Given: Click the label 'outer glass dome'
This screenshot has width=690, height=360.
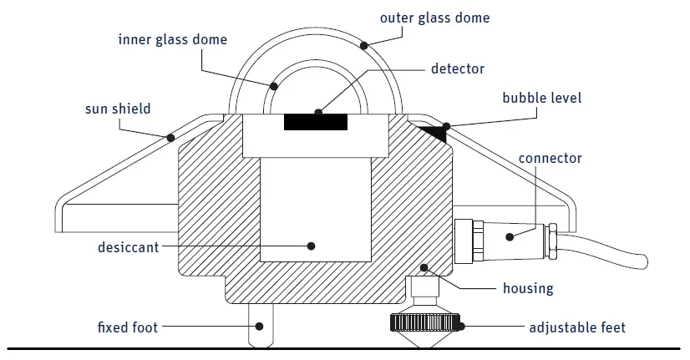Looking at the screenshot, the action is coord(434,18).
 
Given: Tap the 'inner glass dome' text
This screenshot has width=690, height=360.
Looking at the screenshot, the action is coord(172,39).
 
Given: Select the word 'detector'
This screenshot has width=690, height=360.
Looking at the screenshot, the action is coord(458,68).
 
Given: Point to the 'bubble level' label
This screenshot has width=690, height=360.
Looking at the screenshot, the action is coord(541,98).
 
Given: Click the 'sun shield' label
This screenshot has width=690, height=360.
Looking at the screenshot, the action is coord(118,109).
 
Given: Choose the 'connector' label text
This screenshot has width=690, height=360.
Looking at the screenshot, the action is coord(550,159).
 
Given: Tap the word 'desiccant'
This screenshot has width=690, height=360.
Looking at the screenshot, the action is coord(128,247).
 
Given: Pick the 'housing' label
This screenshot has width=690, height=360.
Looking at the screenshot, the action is coord(528,289).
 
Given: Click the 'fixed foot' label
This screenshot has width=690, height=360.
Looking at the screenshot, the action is coord(128,327).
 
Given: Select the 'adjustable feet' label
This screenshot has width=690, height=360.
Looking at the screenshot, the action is coord(577,328).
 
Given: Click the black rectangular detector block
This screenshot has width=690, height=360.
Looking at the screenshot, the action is coord(316,122).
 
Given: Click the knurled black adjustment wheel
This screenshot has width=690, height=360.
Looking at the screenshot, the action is coord(424,322).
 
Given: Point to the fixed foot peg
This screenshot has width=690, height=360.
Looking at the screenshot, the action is coord(261,325).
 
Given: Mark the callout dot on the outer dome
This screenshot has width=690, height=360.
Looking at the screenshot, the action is coord(364,45).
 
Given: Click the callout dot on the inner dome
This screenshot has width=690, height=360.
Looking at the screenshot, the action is coord(274,86).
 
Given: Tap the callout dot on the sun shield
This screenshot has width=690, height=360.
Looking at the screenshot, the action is coord(170,138).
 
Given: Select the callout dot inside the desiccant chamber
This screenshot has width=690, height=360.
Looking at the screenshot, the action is coord(311,246).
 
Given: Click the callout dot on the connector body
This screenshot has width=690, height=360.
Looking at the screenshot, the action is coord(510,237).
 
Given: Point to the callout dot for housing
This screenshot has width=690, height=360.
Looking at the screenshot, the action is coord(424,267).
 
